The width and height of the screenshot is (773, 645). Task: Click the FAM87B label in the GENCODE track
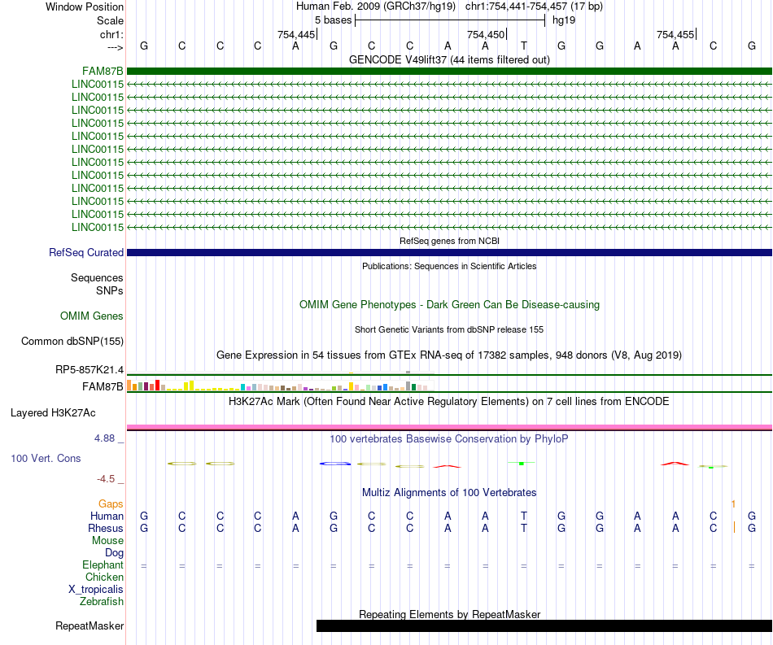click(x=103, y=71)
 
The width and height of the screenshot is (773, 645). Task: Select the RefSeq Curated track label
click(x=86, y=253)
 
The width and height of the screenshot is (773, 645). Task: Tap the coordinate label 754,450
click(x=486, y=35)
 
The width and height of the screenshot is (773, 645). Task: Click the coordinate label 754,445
click(x=295, y=35)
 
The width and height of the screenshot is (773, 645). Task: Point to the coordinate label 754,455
click(x=675, y=35)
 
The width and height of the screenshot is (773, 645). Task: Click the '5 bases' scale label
click(x=333, y=20)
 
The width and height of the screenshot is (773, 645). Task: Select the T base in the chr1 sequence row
click(x=524, y=46)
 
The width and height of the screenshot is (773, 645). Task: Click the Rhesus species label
click(x=106, y=529)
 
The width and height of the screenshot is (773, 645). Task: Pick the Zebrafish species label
click(x=102, y=602)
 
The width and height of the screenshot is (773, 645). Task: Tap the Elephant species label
click(x=103, y=565)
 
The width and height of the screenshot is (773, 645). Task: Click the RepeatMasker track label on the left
click(x=90, y=626)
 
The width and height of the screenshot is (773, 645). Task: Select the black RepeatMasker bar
click(x=544, y=625)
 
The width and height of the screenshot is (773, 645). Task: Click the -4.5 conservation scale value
click(x=111, y=479)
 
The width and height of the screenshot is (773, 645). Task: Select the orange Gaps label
click(x=111, y=504)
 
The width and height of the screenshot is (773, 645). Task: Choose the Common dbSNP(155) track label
click(x=72, y=342)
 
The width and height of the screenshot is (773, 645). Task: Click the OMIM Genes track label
click(x=92, y=316)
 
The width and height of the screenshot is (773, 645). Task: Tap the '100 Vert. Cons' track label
click(x=46, y=459)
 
